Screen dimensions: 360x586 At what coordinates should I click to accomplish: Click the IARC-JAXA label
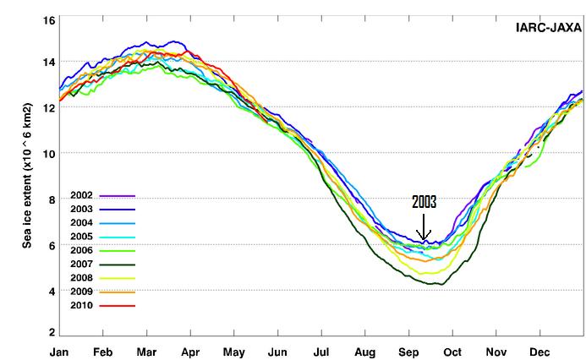pos(548,27)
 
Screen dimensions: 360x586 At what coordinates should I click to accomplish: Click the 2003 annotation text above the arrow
pos(424,203)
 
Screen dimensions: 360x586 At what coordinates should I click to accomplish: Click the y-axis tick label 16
pos(49,19)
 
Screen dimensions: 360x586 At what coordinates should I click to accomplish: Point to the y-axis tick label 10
pos(49,154)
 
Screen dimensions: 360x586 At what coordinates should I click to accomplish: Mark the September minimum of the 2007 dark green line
pos(435,284)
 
